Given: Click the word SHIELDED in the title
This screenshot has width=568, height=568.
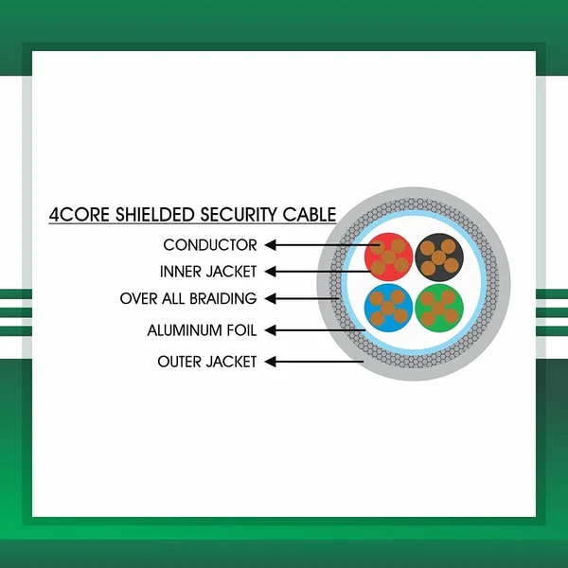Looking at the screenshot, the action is tap(155, 214).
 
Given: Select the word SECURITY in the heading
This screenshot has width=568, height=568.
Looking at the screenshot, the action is tap(239, 214).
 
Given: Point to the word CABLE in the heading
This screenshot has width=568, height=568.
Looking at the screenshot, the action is tap(310, 214).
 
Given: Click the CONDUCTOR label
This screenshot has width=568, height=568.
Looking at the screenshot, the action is tap(210, 245).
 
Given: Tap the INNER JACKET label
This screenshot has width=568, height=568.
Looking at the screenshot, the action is tap(208, 272).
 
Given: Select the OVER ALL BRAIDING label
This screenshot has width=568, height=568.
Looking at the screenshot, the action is tap(188, 298).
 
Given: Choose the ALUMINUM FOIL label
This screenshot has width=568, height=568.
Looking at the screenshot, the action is tap(203, 330).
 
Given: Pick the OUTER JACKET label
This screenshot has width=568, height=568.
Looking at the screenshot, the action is tap(207, 362).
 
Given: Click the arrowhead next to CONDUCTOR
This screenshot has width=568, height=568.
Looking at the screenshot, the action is tap(270, 245).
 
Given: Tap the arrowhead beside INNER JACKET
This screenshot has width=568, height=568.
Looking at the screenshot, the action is tap(270, 272).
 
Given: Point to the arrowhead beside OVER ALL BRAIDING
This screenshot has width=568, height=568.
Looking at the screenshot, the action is tap(270, 298).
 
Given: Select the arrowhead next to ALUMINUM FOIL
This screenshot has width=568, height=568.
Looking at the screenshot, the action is tap(270, 330).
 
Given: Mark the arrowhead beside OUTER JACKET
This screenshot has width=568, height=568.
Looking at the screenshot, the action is tap(270, 362).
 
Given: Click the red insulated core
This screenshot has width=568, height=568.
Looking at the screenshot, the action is tap(389, 257).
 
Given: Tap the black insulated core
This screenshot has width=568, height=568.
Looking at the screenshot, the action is tap(439, 257).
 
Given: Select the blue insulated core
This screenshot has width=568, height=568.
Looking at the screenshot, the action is tap(388, 308).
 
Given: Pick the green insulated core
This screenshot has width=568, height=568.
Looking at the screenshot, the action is tap(439, 308).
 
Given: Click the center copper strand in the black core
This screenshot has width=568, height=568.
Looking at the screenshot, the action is tap(438, 257).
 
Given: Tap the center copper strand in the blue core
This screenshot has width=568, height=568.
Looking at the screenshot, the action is tap(388, 309).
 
